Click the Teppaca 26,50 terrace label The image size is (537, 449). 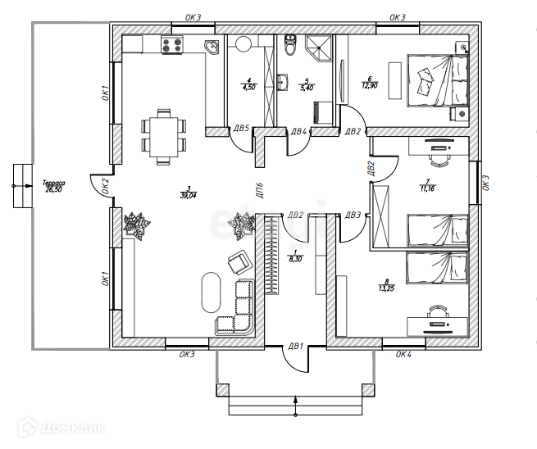pyautogui.click(x=54, y=187)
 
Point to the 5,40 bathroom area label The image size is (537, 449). pyautogui.click(x=307, y=84)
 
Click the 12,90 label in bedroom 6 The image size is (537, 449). pyautogui.click(x=370, y=82)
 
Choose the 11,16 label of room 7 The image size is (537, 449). pyautogui.click(x=426, y=186)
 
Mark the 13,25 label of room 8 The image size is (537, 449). pyautogui.click(x=387, y=285)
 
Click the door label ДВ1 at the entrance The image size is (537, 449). pyautogui.click(x=295, y=347)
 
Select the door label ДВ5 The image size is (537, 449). pyautogui.click(x=241, y=129)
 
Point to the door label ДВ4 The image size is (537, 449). pyautogui.click(x=298, y=131)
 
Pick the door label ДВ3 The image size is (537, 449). pyautogui.click(x=353, y=215)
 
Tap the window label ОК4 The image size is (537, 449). pyautogui.click(x=403, y=355)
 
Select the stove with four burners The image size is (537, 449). pyautogui.click(x=172, y=45)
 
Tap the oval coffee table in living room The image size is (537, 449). pyautogui.click(x=210, y=292)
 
